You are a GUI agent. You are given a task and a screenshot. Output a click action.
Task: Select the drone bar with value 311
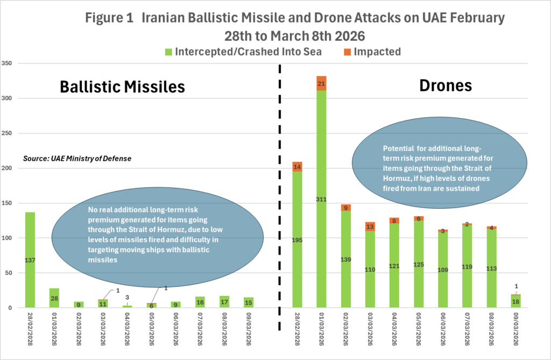(x=321, y=199)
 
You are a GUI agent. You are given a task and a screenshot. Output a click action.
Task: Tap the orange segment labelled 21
(x=321, y=83)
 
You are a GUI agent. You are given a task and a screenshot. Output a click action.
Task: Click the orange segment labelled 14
(x=298, y=167)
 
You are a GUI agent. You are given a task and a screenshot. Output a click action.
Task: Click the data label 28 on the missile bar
(x=54, y=298)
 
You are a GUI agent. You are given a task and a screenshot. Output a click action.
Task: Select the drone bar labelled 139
(x=345, y=259)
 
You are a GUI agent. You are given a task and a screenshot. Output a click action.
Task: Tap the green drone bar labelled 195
(x=298, y=239)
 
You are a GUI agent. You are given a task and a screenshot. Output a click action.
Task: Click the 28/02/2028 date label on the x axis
(x=31, y=329)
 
